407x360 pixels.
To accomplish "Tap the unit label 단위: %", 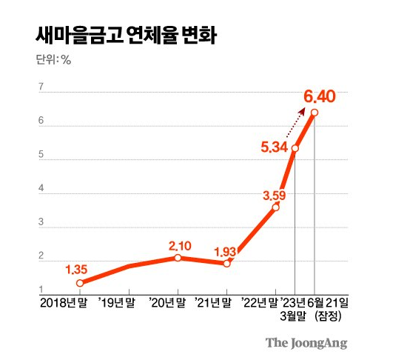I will tap(53, 61).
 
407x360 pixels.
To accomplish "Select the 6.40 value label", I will tap(320, 96).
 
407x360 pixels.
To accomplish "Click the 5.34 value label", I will tap(273, 147).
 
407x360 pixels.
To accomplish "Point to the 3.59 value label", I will tap(275, 196).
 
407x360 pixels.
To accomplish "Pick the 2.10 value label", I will tap(181, 245).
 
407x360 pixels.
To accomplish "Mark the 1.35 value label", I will tap(78, 270).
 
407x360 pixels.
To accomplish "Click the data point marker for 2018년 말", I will tap(80, 283).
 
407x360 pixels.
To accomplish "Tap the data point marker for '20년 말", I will tap(178, 258).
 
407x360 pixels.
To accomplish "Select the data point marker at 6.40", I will tap(314, 113).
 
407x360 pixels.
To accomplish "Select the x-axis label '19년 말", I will tap(117, 302).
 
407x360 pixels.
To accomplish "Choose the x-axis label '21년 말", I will tap(214, 302).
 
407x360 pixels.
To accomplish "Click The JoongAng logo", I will tap(306, 343).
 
